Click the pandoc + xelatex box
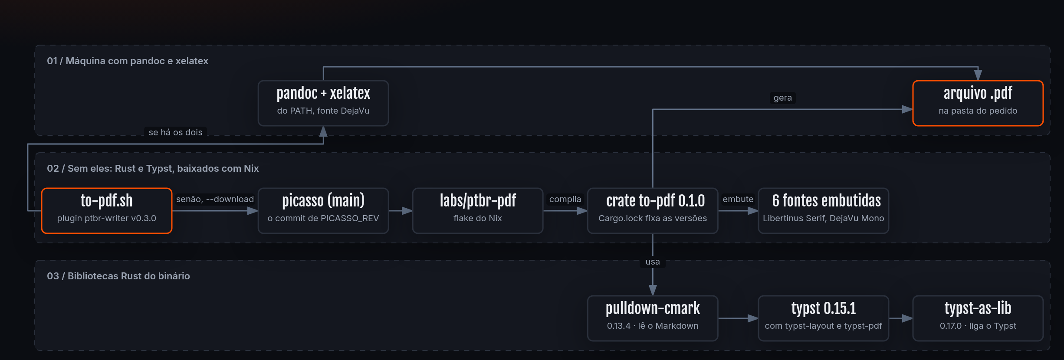click(x=323, y=103)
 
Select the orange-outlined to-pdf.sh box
click(x=107, y=211)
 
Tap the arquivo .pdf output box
click(x=978, y=103)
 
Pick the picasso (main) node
click(x=323, y=211)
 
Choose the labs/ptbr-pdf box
click(x=478, y=211)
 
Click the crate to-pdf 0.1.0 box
click(x=653, y=211)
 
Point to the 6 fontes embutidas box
click(x=824, y=211)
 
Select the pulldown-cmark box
click(x=653, y=318)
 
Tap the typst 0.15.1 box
click(x=824, y=318)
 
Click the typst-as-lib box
click(x=978, y=318)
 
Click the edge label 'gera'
click(x=783, y=98)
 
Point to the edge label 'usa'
click(x=653, y=262)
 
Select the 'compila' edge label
click(x=565, y=199)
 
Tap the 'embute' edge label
click(x=738, y=199)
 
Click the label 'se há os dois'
click(x=175, y=132)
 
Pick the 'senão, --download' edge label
click(x=215, y=199)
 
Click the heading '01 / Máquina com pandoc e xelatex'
click(x=128, y=61)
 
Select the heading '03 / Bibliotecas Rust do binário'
click(x=118, y=276)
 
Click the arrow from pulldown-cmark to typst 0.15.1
click(x=738, y=318)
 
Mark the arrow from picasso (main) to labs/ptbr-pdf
click(x=401, y=211)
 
